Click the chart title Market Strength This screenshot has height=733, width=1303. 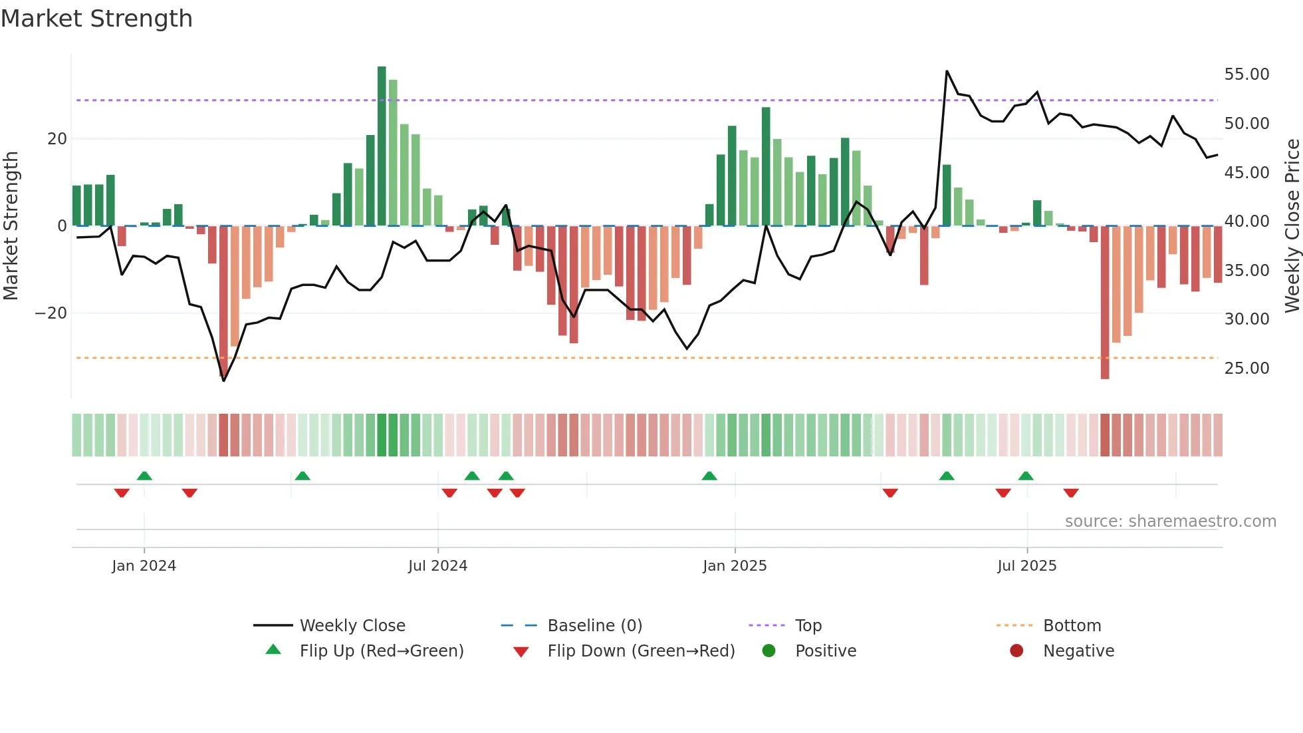[96, 19]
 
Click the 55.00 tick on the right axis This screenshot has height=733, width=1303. [1246, 74]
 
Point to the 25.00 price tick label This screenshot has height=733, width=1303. [1246, 368]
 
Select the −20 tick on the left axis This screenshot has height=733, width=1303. [51, 313]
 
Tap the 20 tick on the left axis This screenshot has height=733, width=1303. [57, 139]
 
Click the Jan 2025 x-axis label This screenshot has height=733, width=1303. [735, 566]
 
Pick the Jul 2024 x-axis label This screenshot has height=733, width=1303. [437, 566]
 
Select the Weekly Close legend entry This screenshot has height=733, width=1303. [352, 626]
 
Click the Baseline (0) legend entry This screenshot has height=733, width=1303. [594, 626]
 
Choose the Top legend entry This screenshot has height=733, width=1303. [808, 626]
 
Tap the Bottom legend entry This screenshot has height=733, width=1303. [1072, 626]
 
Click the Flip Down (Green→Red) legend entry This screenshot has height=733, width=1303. [641, 651]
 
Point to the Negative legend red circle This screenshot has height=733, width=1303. [1016, 651]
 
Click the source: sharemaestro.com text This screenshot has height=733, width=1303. [1170, 521]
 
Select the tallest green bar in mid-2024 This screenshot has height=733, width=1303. [382, 146]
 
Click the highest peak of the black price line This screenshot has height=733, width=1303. [947, 71]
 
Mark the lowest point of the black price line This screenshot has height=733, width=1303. [223, 380]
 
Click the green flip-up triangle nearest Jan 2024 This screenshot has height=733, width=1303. [144, 476]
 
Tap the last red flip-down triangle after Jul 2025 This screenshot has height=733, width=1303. [1070, 493]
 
